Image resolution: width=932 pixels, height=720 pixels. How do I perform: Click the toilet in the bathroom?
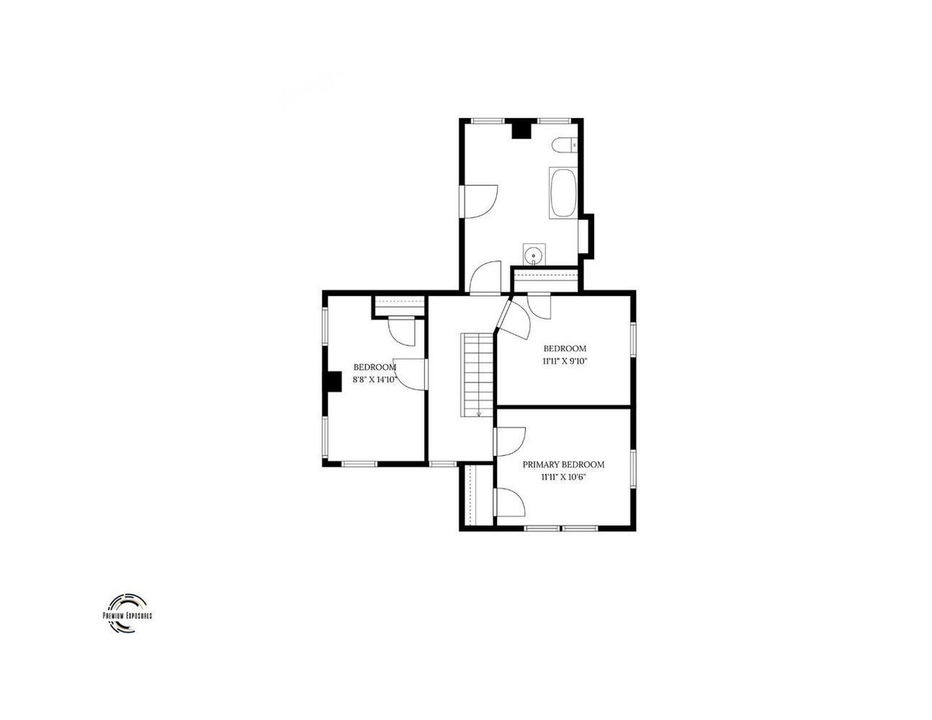pyautogui.click(x=564, y=145)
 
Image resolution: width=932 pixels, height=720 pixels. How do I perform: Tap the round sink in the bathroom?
pyautogui.click(x=534, y=256)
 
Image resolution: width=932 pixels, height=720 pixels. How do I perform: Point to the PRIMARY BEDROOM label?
pyautogui.click(x=563, y=464)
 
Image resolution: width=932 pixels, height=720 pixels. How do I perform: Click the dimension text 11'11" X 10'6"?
pyautogui.click(x=563, y=477)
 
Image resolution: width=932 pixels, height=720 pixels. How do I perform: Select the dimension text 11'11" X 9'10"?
pyautogui.click(x=565, y=361)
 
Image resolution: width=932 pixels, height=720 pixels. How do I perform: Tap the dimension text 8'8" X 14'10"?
pyautogui.click(x=374, y=379)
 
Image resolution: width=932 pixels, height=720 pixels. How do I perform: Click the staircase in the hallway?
pyautogui.click(x=478, y=375)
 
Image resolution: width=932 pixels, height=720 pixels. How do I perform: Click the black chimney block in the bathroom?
pyautogui.click(x=522, y=130)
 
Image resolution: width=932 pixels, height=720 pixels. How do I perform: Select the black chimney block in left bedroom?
pyautogui.click(x=333, y=381)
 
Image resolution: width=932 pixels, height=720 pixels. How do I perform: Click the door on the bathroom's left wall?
pyautogui.click(x=479, y=201)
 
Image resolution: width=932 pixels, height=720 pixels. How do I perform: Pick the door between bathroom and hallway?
pyautogui.click(x=486, y=278)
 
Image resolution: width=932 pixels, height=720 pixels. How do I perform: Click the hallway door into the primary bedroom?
pyautogui.click(x=510, y=442)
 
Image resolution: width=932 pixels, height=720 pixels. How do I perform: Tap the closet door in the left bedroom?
pyautogui.click(x=402, y=331)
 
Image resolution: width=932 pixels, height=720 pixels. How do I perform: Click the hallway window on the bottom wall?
pyautogui.click(x=443, y=464)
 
